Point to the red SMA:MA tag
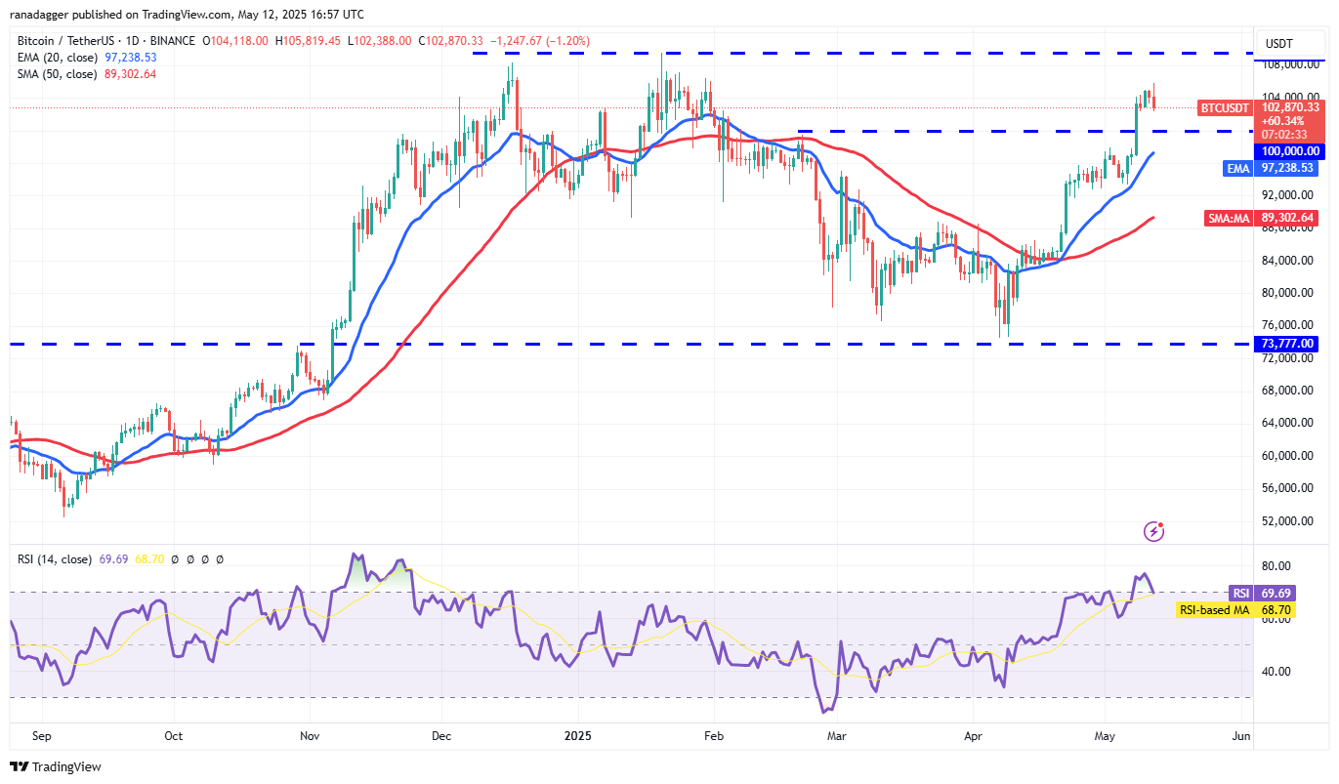coord(1231,218)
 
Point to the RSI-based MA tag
coord(1216,609)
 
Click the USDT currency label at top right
coord(1278,43)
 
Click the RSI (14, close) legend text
coord(53,559)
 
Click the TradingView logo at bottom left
coord(56,766)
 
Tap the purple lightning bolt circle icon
coord(1153,531)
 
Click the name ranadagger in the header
coord(42,15)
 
